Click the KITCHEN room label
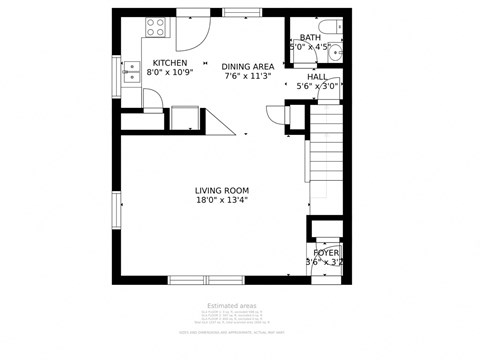pos(169,63)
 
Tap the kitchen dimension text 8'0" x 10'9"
pos(169,73)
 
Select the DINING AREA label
pos(247,66)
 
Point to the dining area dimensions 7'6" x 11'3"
pos(247,76)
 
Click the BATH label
pos(310,37)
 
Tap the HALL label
pos(317,76)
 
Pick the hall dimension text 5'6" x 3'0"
pos(317,86)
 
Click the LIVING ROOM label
pos(221,190)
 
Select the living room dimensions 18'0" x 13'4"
pos(221,200)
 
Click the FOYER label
pos(325,253)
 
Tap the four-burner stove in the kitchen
pos(157,27)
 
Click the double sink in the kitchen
pos(131,72)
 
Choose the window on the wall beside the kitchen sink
pos(116,75)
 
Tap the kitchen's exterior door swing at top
pos(191,33)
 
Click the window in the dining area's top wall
pos(241,12)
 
